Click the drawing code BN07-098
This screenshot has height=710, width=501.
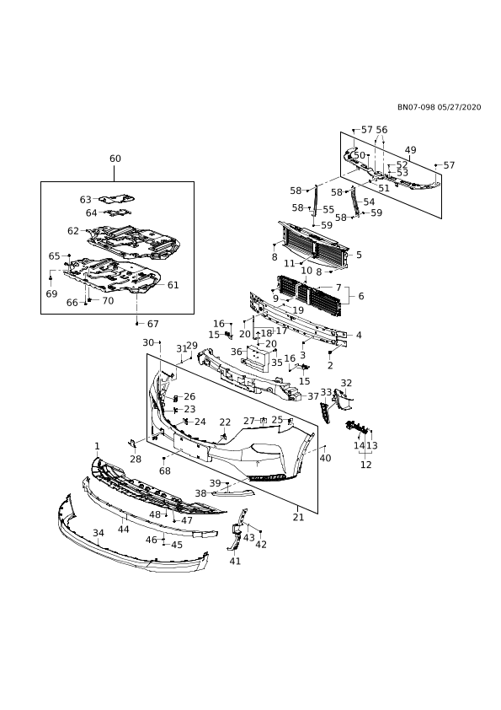coord(416,107)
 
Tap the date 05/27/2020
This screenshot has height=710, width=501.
coord(460,107)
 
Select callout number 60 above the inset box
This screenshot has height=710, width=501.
coord(115,159)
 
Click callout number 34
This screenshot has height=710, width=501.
coord(99,533)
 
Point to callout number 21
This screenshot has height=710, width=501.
coord(298,517)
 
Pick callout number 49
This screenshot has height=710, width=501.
coord(411,150)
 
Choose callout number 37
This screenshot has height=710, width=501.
coord(313,396)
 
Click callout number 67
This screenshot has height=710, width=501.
coord(153,324)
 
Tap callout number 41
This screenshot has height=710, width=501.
coord(235,561)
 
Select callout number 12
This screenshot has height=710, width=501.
coord(366,465)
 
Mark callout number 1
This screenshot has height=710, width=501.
coord(97,446)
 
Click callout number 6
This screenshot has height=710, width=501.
coord(361,296)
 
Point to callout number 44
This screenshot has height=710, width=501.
coord(124,530)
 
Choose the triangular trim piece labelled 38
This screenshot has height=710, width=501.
coord(234,492)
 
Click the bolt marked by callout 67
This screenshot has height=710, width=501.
coord(136,324)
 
